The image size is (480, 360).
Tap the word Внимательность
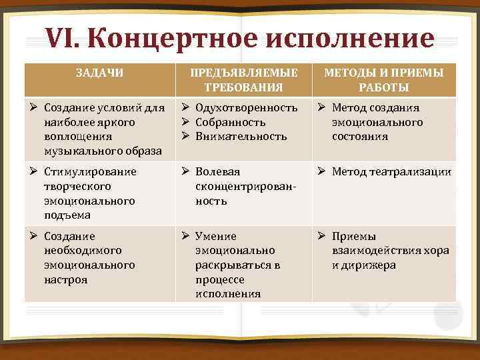click(x=241, y=137)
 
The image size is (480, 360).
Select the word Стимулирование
click(x=90, y=172)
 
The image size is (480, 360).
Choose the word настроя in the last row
click(x=65, y=279)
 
